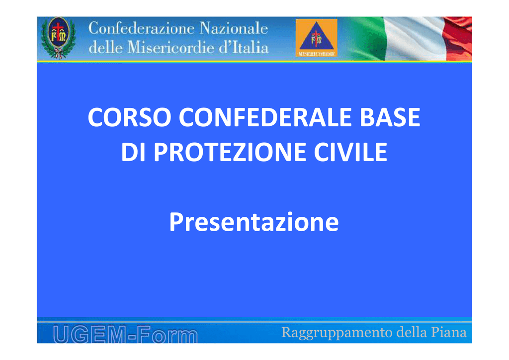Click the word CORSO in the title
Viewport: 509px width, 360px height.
pos(130,117)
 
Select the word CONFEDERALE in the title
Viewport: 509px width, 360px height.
pos(265,117)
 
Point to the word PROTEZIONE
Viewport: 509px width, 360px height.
pos(230,152)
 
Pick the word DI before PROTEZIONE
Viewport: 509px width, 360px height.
pos(133,152)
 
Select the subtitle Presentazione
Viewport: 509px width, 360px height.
pos(254,222)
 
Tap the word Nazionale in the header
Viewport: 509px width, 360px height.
pos(234,28)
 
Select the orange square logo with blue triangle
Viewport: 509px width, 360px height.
pos(317,38)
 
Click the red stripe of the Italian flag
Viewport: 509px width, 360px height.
pos(458,39)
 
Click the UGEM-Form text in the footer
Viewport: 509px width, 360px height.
pos(125,334)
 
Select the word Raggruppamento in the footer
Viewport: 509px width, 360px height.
pos(337,333)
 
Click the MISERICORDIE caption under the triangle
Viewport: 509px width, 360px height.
pos(317,54)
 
